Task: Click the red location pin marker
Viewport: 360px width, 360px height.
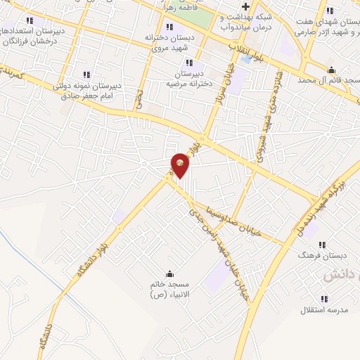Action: coord(181,165)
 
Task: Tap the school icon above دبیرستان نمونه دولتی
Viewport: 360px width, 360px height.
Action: coord(86,74)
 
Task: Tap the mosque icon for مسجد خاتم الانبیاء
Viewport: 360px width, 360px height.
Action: coord(169,274)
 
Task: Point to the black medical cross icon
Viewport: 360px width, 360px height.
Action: coord(245,7)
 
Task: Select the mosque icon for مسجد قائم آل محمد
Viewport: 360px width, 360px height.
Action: coord(331,70)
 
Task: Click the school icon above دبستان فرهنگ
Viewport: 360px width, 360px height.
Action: coord(322,245)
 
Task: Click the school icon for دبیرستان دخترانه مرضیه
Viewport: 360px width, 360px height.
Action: coord(188,63)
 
